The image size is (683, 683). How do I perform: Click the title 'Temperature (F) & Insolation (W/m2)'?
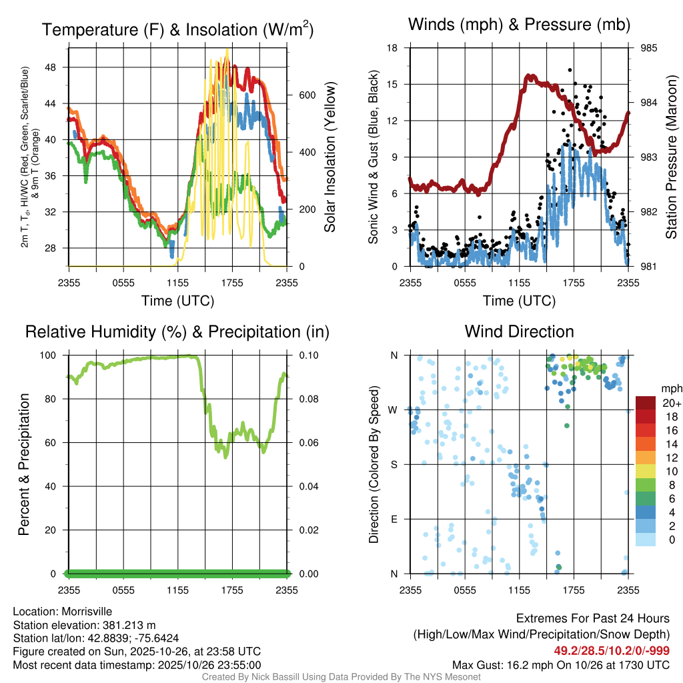click(177, 30)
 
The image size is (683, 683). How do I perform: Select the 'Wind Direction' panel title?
click(519, 331)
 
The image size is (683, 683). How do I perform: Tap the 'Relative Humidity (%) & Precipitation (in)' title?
click(177, 331)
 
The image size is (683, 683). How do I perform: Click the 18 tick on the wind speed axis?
click(393, 48)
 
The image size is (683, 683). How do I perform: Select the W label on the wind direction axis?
click(394, 410)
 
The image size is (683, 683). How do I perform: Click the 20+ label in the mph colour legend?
click(671, 403)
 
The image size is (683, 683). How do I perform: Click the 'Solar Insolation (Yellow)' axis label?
click(329, 157)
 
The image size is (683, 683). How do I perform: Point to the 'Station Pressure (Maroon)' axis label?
click(672, 157)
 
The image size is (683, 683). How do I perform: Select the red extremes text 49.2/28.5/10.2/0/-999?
click(612, 651)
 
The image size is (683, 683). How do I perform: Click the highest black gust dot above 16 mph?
click(570, 69)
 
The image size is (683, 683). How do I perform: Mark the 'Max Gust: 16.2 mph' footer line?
click(561, 664)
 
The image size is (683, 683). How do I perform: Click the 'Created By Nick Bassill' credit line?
click(341, 677)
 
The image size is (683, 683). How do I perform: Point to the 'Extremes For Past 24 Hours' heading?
click(593, 619)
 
